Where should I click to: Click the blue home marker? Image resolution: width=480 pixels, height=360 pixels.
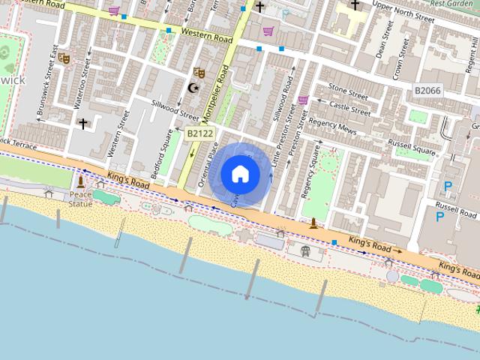240,174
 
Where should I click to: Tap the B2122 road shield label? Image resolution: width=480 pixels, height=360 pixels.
199,133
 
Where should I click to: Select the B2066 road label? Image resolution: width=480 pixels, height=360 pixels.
427,91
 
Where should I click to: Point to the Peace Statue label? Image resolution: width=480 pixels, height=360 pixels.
81,199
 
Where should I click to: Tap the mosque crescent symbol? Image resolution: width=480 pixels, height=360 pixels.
193,88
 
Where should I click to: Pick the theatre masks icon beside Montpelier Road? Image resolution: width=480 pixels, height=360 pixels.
199,73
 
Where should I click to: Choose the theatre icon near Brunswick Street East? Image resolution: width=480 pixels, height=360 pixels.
64,57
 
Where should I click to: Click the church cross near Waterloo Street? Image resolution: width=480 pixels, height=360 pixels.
82,123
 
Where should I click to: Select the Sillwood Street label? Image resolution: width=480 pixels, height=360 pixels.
175,109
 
